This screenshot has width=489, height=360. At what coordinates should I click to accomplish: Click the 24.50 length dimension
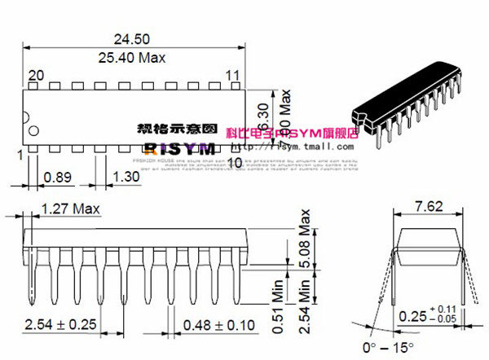pyautogui.click(x=132, y=38)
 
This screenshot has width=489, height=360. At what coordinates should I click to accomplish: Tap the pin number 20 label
pyautogui.click(x=35, y=75)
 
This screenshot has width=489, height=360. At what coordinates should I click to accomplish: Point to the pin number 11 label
pyautogui.click(x=232, y=75)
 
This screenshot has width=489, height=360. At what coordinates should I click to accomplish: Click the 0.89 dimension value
pyautogui.click(x=56, y=176)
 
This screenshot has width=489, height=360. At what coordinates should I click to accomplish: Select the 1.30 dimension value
pyautogui.click(x=126, y=176)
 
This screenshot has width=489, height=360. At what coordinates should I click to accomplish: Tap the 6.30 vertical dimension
pyautogui.click(x=262, y=116)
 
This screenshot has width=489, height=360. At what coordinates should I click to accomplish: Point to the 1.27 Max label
pyautogui.click(x=69, y=209)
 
